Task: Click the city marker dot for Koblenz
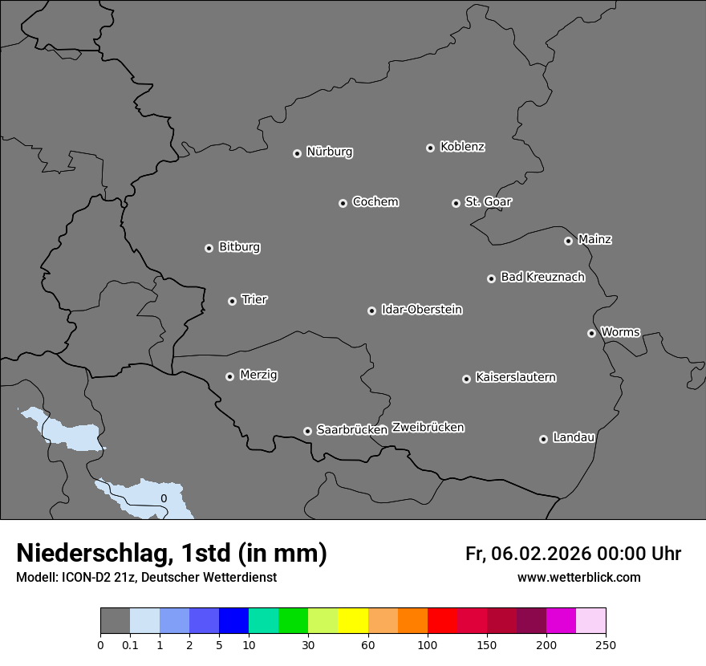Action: [x=430, y=148]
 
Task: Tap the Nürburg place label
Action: [x=330, y=152]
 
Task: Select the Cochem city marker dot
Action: [x=343, y=203]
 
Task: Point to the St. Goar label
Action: [x=488, y=202]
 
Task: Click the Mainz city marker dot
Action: [x=568, y=241]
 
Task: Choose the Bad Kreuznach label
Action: [x=542, y=277]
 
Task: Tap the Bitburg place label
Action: [x=239, y=247]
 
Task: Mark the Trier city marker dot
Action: [x=232, y=301]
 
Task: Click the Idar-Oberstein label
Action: [x=421, y=310]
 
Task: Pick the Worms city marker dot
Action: [x=591, y=333]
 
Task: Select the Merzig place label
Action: [x=258, y=375]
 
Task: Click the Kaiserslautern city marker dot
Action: [x=466, y=379]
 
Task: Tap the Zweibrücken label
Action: [x=428, y=428]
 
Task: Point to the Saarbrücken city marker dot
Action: [x=307, y=431]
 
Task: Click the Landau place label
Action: [x=574, y=437]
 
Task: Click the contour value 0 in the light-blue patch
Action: [x=164, y=498]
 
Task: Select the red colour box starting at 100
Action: [x=442, y=621]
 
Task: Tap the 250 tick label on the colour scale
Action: [x=606, y=644]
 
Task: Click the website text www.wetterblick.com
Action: [x=578, y=577]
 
